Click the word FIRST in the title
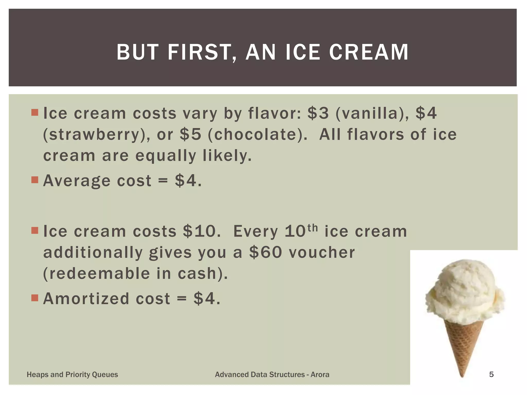click(201, 52)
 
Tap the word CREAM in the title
click(369, 52)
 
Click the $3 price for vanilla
click(318, 113)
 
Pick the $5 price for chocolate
click(190, 134)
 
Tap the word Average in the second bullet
click(77, 181)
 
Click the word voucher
click(322, 252)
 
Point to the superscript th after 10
click(312, 228)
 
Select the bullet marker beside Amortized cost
click(34, 298)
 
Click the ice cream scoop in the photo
click(464, 291)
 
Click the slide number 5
click(491, 374)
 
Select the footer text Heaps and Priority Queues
click(72, 374)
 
